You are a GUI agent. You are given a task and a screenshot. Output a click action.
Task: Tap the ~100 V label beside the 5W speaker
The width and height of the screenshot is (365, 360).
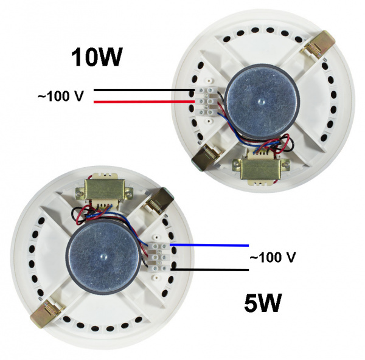pos(273,257)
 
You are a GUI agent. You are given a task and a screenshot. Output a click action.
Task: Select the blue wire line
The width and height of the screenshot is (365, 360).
pos(207,245)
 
